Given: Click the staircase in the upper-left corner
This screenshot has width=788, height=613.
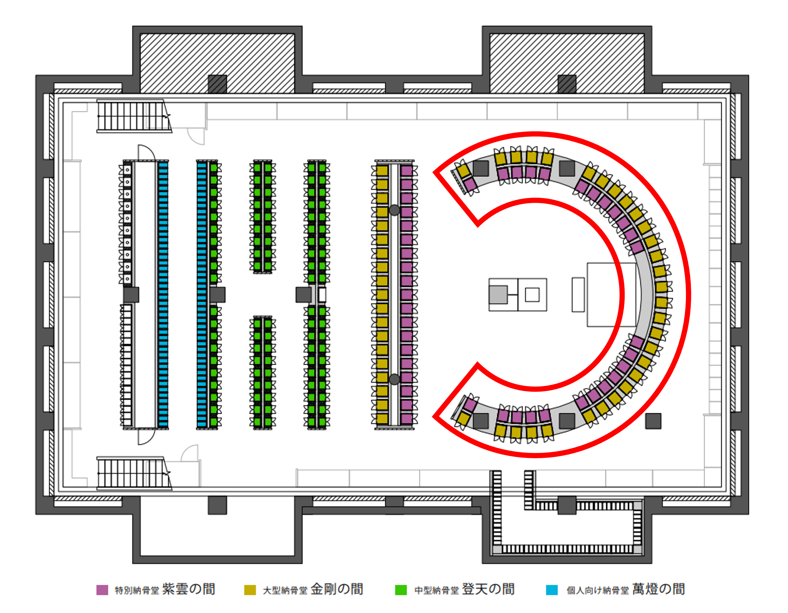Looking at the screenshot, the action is pyautogui.click(x=133, y=116).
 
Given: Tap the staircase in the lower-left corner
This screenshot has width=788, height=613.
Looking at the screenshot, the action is pyautogui.click(x=133, y=473).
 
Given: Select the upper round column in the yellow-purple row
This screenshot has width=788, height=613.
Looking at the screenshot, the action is pyautogui.click(x=394, y=210).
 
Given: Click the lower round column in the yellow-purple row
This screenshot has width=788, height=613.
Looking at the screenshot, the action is pyautogui.click(x=394, y=379).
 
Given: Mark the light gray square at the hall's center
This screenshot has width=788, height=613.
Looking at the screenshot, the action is pyautogui.click(x=498, y=294).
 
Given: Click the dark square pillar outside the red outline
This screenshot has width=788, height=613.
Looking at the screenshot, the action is pyautogui.click(x=653, y=421).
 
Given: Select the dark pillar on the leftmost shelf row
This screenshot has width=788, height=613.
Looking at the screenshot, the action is pyautogui.click(x=131, y=295).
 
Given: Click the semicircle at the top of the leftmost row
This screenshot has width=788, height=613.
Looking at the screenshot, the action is pyautogui.click(x=146, y=153).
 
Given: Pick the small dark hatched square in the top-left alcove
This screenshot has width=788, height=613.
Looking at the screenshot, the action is pyautogui.click(x=217, y=84).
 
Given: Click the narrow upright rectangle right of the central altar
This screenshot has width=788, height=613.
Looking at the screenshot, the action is pyautogui.click(x=578, y=294).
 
